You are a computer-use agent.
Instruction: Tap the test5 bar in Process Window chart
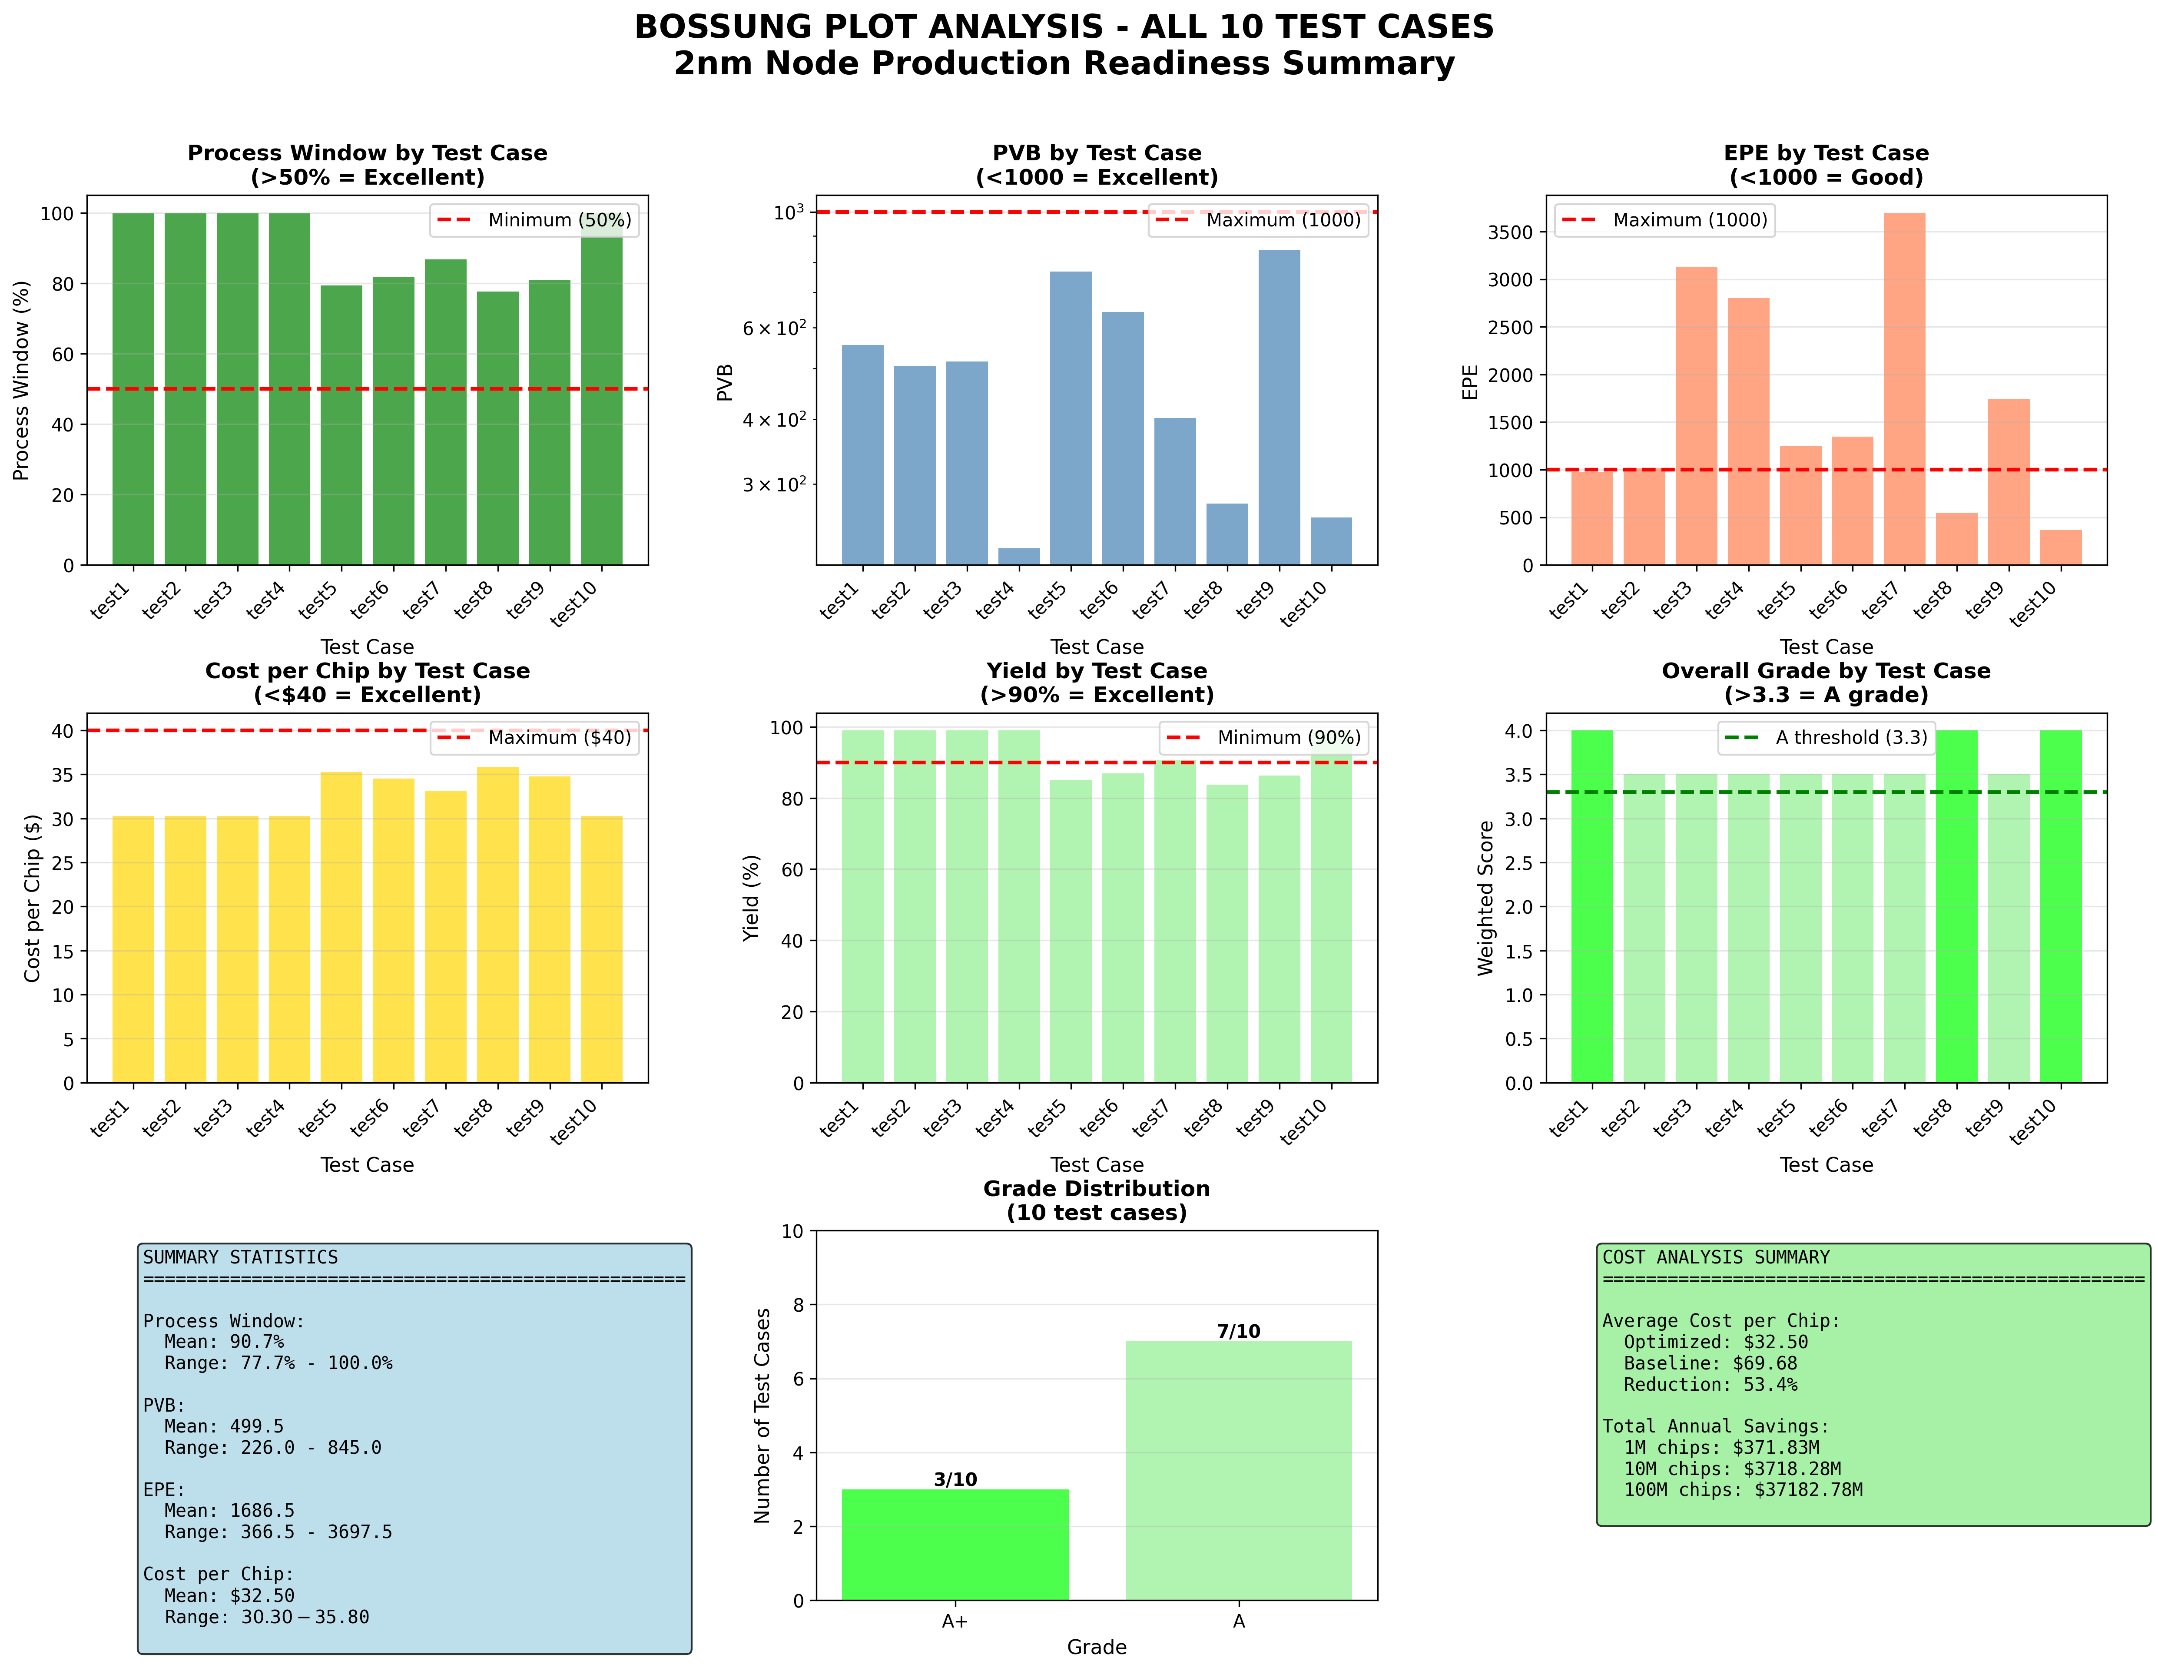[x=341, y=425]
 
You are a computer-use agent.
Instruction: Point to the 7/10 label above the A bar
[x=1238, y=1331]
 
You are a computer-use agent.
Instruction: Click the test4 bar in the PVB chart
[x=1019, y=556]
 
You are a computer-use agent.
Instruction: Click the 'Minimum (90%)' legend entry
[x=1287, y=737]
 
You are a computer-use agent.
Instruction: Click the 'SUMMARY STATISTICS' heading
[x=240, y=1257]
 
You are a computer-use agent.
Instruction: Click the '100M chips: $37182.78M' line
[x=1743, y=1489]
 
